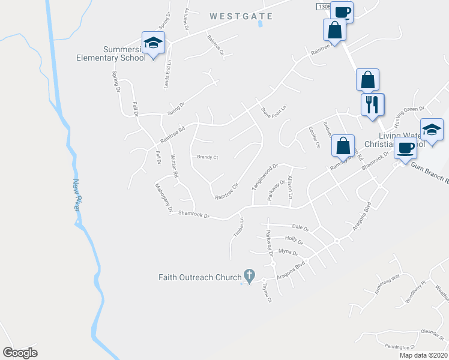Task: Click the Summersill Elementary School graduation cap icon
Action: [153, 43]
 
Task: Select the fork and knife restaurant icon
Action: [372, 104]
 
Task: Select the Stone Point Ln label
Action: [272, 112]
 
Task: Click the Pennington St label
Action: [400, 347]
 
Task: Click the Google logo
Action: [20, 353]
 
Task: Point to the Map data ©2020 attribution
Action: [423, 355]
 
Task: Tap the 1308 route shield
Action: [323, 5]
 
